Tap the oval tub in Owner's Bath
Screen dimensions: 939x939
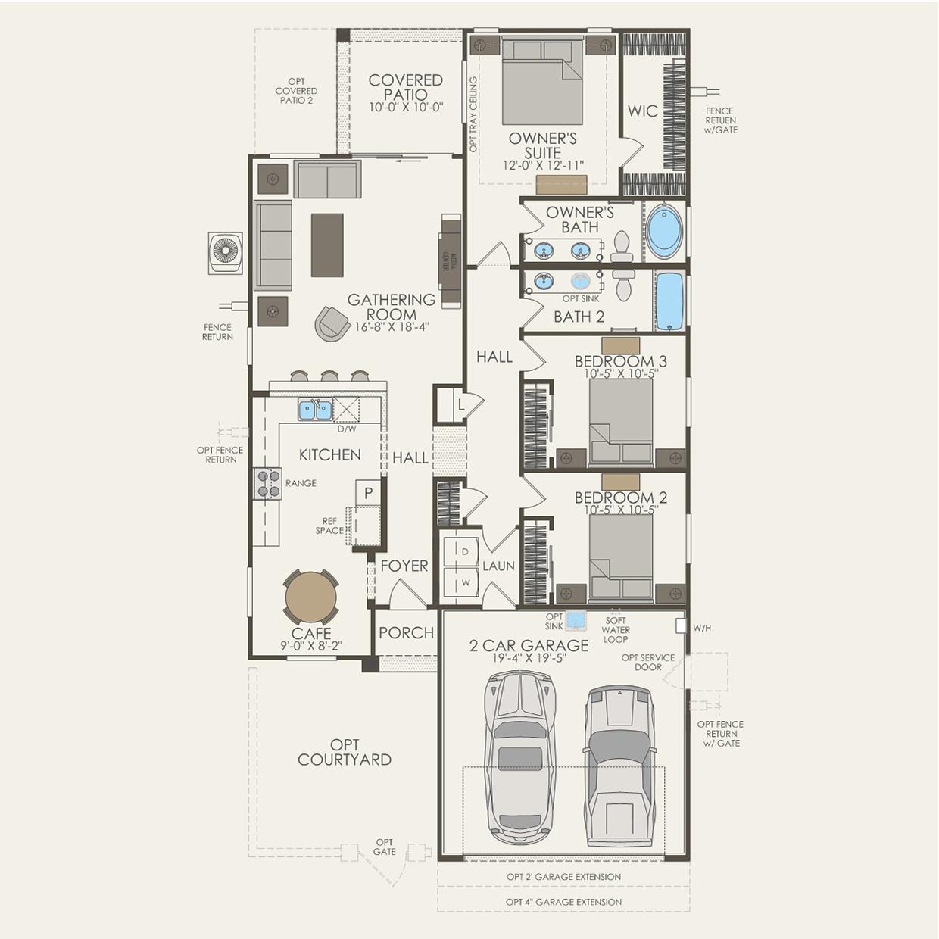tap(664, 230)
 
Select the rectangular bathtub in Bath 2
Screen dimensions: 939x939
tap(669, 301)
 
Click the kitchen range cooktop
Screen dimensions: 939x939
tap(268, 484)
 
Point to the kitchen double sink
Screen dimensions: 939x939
tap(315, 410)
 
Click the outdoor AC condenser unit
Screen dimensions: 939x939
tap(225, 252)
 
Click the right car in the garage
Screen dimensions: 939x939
tap(620, 765)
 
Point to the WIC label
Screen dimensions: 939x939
tap(642, 111)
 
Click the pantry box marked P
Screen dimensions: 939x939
tap(368, 493)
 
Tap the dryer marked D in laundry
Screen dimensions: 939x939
tap(465, 551)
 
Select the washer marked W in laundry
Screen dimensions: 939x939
tap(465, 582)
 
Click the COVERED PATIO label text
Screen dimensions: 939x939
tap(405, 87)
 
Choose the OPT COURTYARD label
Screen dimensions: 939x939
tap(345, 752)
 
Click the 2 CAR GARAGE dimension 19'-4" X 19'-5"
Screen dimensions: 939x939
tap(529, 658)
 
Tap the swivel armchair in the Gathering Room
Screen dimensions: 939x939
tap(332, 323)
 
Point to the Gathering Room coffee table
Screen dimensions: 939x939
tap(326, 245)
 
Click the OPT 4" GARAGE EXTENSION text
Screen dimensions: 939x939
tap(563, 902)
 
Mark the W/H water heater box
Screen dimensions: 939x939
tap(681, 626)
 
